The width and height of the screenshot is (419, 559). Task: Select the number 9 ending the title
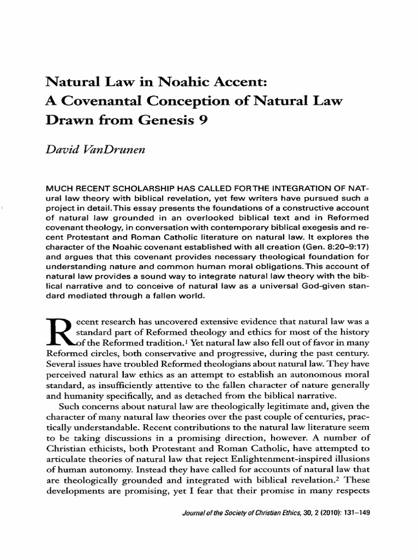(x=202, y=122)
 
